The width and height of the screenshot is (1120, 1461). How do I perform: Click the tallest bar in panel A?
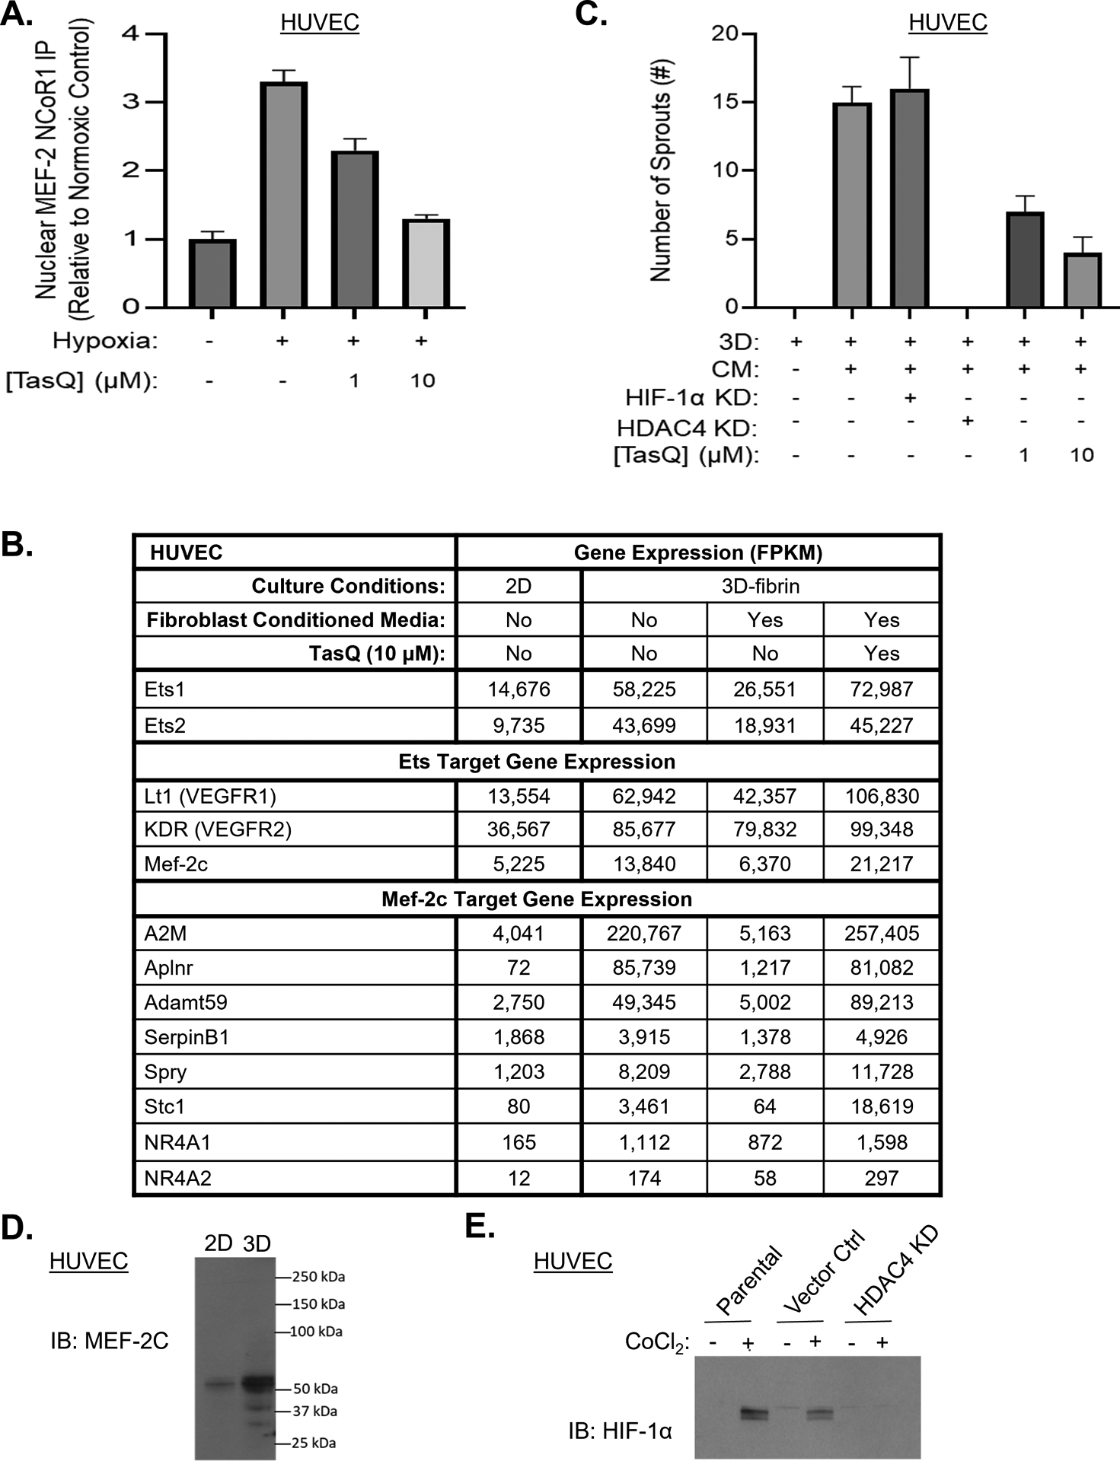point(283,194)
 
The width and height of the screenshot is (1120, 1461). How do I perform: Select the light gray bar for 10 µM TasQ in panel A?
point(426,263)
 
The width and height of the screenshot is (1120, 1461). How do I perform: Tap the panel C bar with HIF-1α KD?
point(909,198)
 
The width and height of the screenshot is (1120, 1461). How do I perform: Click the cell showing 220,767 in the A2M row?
point(644,933)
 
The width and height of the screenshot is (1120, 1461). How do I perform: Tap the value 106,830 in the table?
point(882,796)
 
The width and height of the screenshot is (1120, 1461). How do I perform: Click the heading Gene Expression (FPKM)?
point(698,552)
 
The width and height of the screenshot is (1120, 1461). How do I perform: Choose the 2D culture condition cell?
point(519,586)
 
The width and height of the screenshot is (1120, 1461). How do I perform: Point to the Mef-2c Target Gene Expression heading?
point(537,899)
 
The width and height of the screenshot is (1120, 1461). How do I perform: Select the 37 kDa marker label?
point(315,1411)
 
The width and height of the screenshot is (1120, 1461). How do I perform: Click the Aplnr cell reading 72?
point(519,967)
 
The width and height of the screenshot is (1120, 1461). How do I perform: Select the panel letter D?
point(17,1227)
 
